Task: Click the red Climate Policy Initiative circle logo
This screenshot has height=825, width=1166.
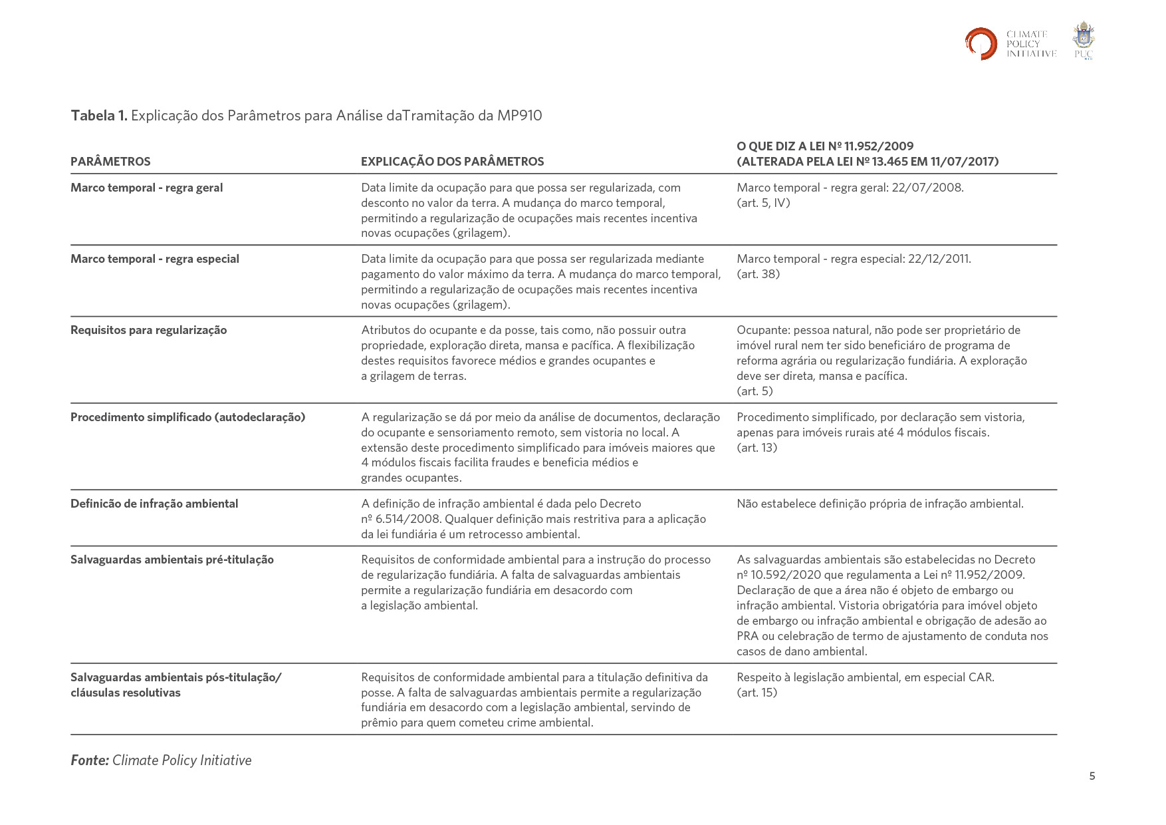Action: coord(981,44)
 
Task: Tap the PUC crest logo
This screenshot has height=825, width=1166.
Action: coord(1084,41)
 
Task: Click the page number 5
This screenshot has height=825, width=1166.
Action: coord(1092,776)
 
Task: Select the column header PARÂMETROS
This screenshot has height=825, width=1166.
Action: coord(110,162)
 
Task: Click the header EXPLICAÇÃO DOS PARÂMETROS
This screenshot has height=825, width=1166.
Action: coord(452,162)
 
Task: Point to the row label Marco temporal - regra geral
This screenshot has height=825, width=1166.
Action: coord(146,188)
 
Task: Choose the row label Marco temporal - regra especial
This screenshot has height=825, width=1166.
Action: coord(154,259)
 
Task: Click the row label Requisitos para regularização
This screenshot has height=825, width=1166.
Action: coord(148,330)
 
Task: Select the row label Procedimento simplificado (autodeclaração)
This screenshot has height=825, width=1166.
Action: coord(187,417)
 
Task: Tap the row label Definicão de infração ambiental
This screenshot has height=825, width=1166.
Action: coord(154,504)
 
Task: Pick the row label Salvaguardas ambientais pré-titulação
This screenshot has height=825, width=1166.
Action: coord(172,560)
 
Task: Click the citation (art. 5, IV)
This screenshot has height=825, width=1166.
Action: coord(763,203)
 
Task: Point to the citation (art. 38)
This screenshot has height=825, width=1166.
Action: coord(758,274)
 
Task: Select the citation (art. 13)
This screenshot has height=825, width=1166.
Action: coord(757,448)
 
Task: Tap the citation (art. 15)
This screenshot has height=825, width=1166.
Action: coord(757,693)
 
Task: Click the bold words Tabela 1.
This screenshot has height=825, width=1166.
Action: coord(98,116)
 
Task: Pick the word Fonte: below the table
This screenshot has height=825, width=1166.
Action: coord(90,760)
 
